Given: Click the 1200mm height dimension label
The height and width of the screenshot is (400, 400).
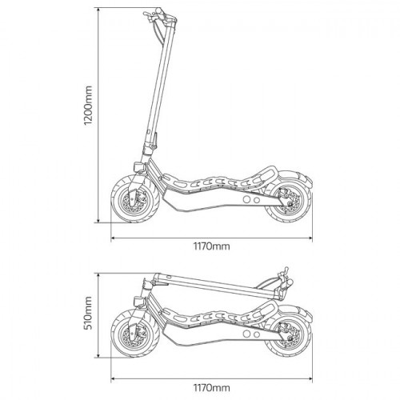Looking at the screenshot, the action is click(x=88, y=106).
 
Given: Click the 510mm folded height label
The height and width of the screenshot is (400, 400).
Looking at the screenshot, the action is click(x=88, y=313).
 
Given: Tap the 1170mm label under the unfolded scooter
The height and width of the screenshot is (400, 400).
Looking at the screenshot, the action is click(x=211, y=246).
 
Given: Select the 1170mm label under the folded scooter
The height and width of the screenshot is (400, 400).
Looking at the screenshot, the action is click(x=211, y=387).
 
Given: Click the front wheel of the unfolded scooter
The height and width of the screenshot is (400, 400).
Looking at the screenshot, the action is click(x=134, y=198).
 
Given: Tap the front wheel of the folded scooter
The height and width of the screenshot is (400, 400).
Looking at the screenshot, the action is click(x=134, y=334).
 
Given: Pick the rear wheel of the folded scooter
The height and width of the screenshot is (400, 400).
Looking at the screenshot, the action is click(x=289, y=334).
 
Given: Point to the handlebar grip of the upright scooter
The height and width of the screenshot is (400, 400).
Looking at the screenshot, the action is click(x=159, y=12).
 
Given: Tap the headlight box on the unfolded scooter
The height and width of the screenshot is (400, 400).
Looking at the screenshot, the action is click(x=139, y=167).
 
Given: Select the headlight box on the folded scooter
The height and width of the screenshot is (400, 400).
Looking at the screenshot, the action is click(x=139, y=302).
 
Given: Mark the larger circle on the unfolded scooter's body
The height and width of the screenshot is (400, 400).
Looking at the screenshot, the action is click(x=247, y=199).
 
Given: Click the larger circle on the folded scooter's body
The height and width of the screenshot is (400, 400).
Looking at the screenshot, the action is click(x=247, y=334).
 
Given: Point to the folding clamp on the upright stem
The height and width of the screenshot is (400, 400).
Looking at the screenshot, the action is click(x=151, y=146).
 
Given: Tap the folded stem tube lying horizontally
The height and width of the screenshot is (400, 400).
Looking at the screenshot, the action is click(x=217, y=286).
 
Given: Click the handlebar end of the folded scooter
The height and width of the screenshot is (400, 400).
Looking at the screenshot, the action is click(x=290, y=282).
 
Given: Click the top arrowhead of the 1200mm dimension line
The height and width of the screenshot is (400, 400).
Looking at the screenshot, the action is click(x=98, y=10).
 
